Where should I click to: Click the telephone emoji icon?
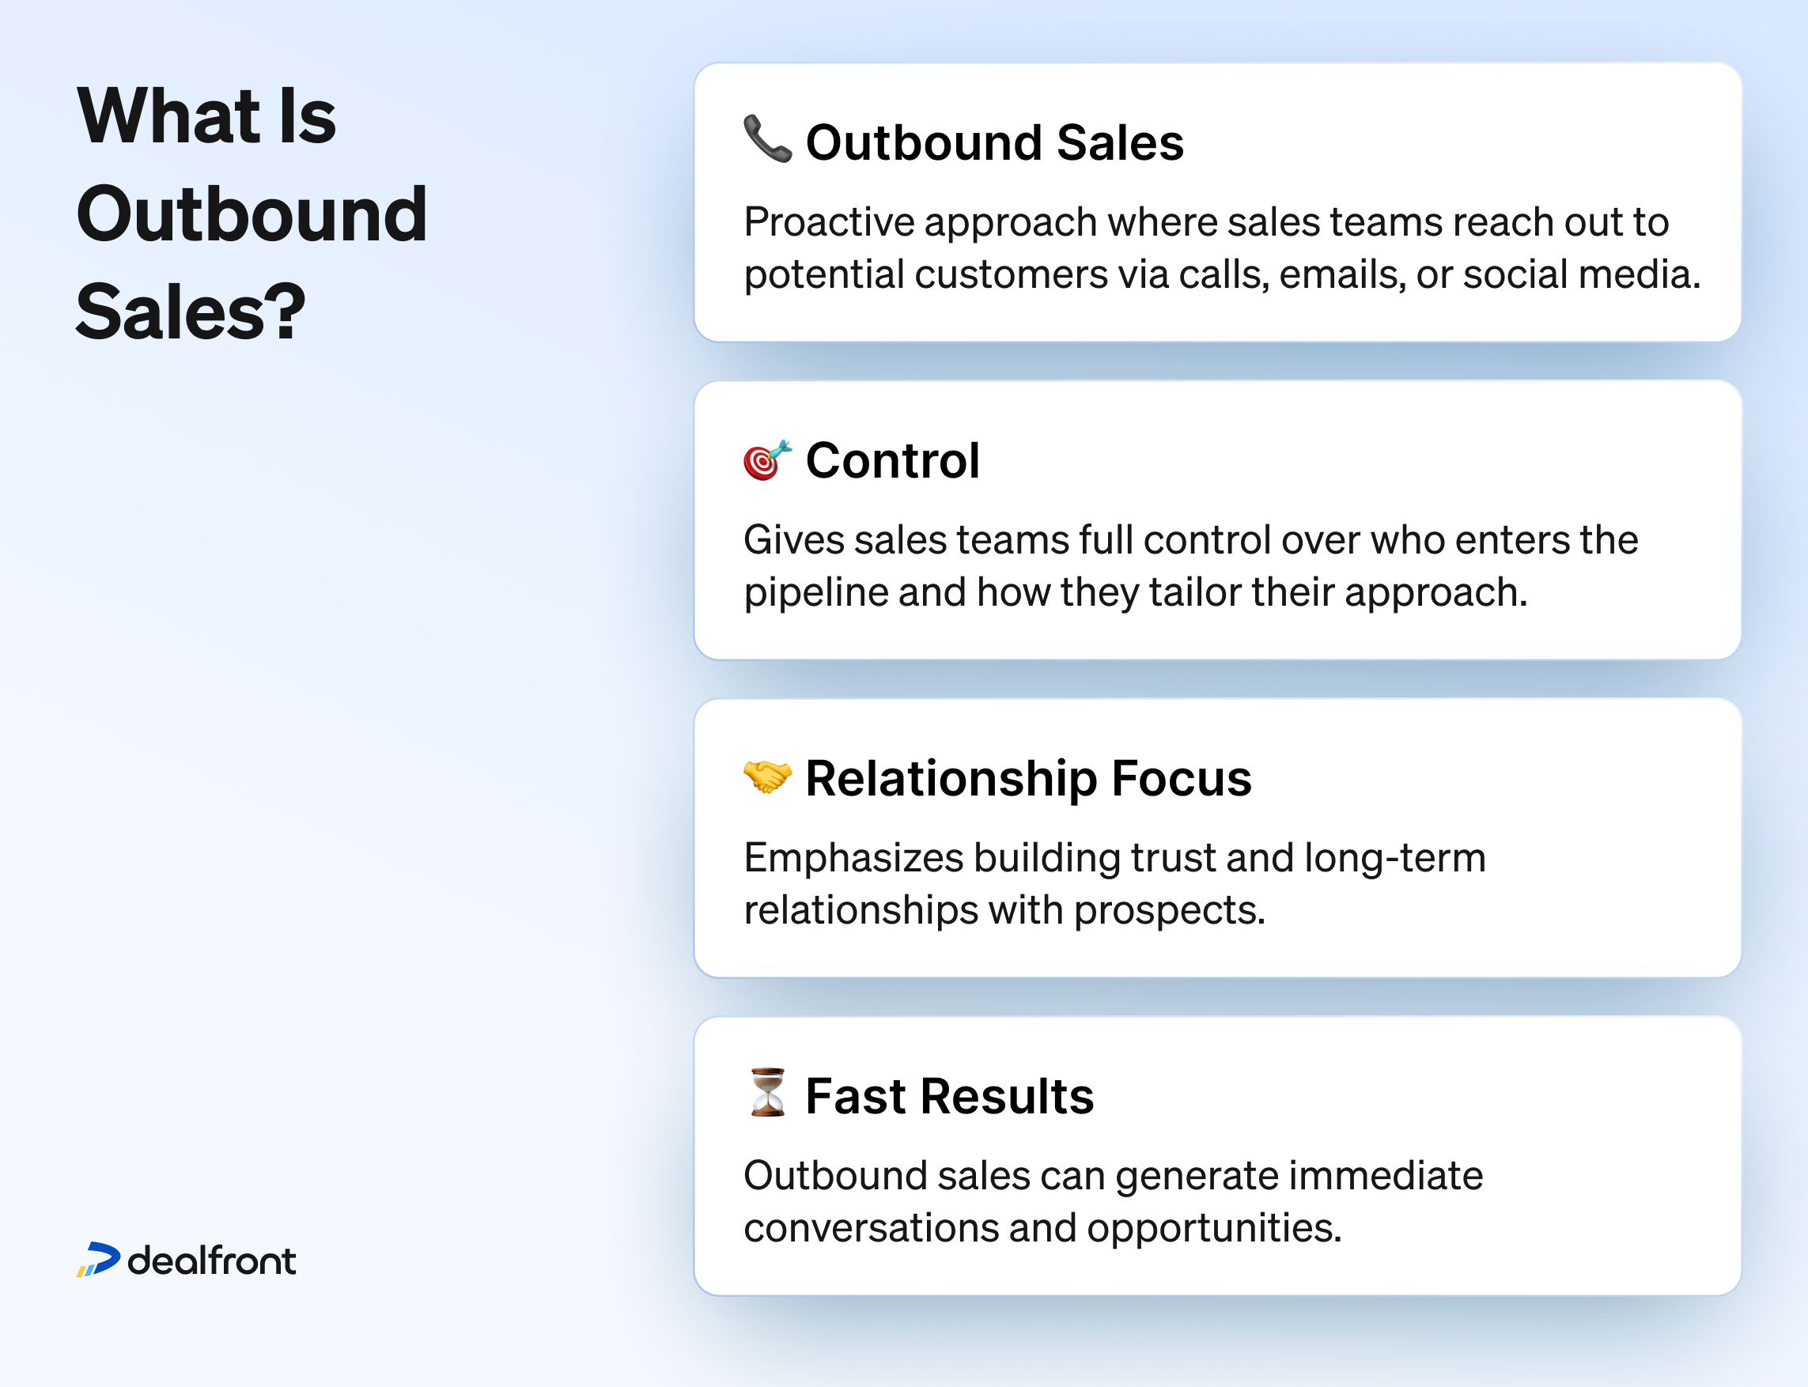coord(767,138)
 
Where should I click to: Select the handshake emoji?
coord(767,776)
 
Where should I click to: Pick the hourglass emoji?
coord(768,1092)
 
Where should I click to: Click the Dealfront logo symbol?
coord(98,1260)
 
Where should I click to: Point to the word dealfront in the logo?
coord(211,1260)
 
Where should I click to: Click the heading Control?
coord(892,460)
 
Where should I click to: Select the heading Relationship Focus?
coord(1028,779)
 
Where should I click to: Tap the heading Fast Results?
coord(949,1096)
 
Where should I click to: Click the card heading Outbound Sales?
coord(994,142)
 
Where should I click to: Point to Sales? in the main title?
coord(191,312)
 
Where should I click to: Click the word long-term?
coord(1395,858)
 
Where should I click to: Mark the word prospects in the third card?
coord(1170,911)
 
